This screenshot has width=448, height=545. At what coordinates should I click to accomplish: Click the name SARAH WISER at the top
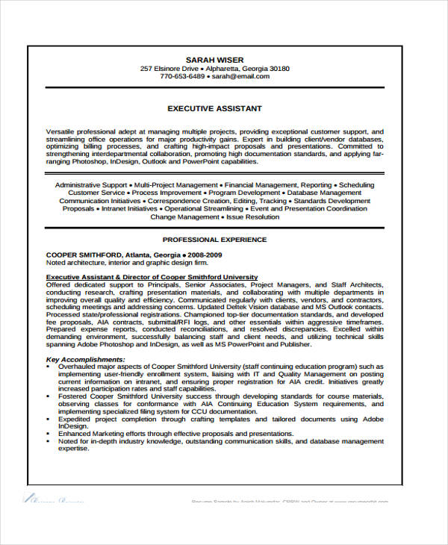215,60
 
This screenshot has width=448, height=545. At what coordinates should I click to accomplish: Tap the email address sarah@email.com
240,76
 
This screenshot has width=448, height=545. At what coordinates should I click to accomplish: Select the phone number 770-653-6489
182,76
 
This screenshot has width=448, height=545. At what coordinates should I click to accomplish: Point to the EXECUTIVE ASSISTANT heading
215,108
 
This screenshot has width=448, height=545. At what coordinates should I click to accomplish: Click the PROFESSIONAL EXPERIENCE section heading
215,240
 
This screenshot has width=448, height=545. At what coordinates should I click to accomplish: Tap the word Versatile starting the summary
61,131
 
